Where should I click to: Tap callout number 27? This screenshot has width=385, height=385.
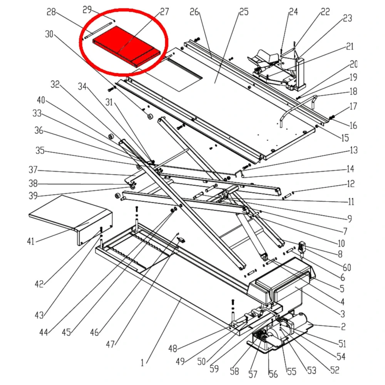[164, 12]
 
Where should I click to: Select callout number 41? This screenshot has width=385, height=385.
[31, 241]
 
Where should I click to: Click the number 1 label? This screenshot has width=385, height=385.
[142, 362]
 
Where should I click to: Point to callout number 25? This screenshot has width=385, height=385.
[244, 12]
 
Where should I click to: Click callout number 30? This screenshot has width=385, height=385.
[49, 34]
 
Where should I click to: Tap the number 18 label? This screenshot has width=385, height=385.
[353, 92]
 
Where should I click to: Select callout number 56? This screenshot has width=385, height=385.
[273, 373]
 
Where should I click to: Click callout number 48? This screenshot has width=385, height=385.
[172, 349]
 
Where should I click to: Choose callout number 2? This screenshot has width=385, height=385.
[343, 327]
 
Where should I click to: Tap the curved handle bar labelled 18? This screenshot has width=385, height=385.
[296, 108]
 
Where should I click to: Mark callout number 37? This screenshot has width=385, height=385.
[33, 169]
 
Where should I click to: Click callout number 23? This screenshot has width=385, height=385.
[347, 18]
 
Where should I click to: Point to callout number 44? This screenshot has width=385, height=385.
[44, 332]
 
